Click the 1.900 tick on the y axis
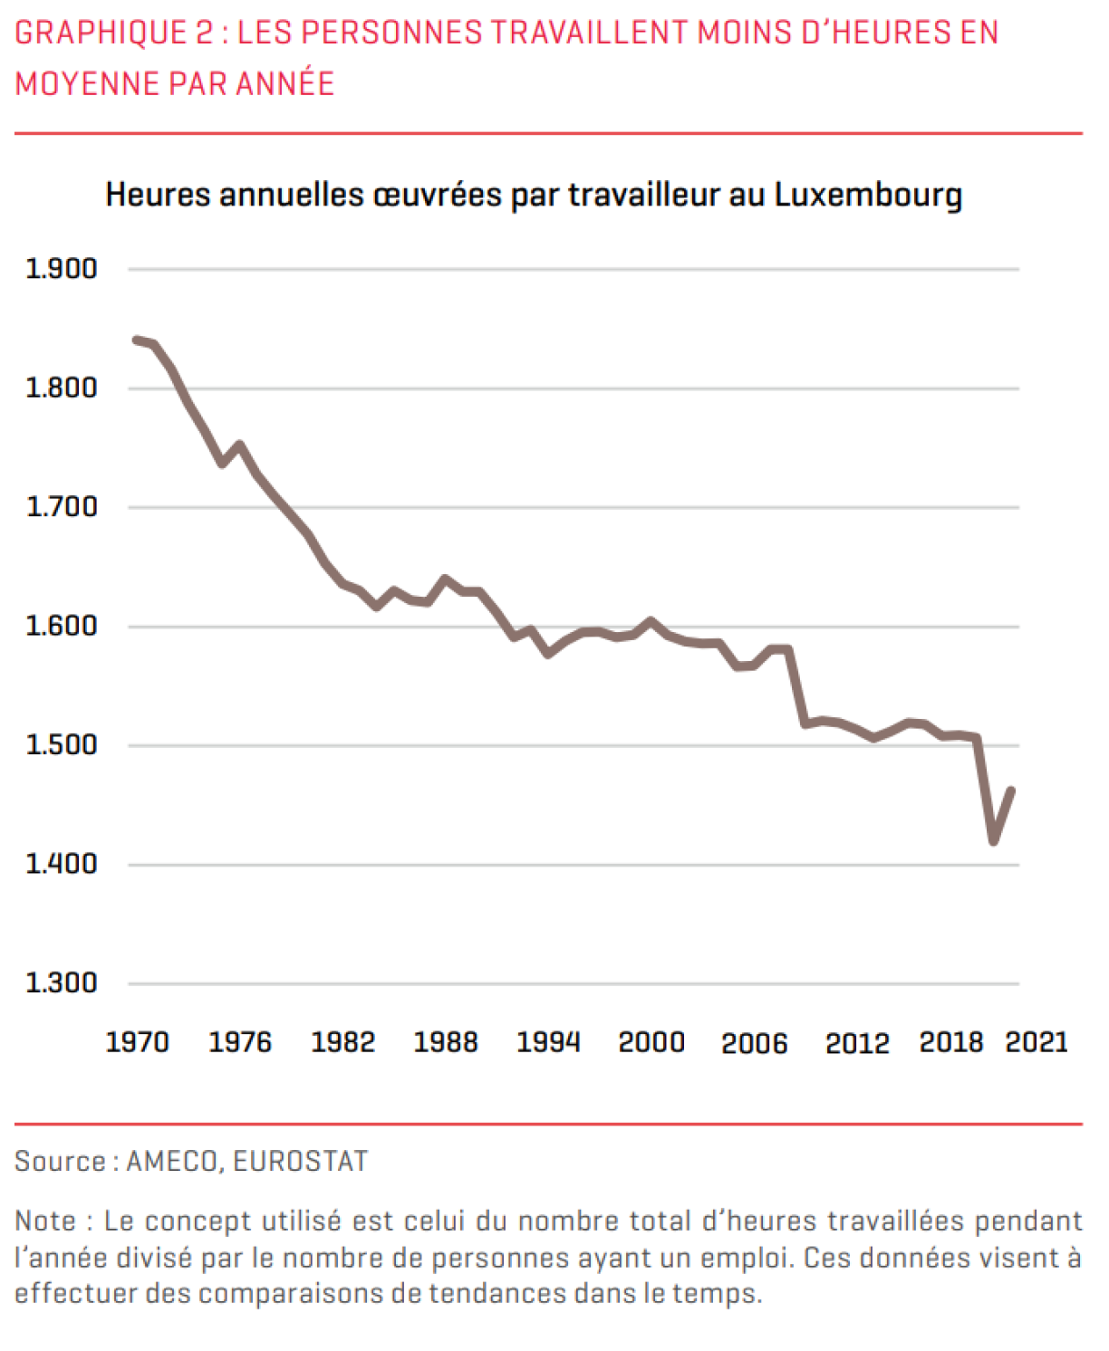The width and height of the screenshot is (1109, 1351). (61, 269)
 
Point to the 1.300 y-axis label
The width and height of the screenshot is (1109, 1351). (61, 982)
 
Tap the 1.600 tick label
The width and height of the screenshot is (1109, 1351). (61, 626)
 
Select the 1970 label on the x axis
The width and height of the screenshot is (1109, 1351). (138, 1042)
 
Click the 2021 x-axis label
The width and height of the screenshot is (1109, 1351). (1037, 1042)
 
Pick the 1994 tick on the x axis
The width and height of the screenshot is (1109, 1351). (548, 1042)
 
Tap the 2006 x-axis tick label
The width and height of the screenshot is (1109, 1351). (754, 1043)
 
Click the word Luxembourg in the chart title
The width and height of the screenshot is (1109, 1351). (868, 196)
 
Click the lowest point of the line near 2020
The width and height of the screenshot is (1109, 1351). (994, 842)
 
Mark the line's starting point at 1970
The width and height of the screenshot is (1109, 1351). (136, 340)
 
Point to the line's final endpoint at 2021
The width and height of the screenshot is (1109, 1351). (1011, 790)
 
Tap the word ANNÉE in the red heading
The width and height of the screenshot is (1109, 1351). (284, 83)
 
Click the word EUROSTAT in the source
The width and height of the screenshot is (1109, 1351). (301, 1161)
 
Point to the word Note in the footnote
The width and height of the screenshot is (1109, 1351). (45, 1221)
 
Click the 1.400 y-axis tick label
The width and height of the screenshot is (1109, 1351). (61, 864)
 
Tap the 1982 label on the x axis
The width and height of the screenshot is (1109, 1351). (342, 1042)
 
